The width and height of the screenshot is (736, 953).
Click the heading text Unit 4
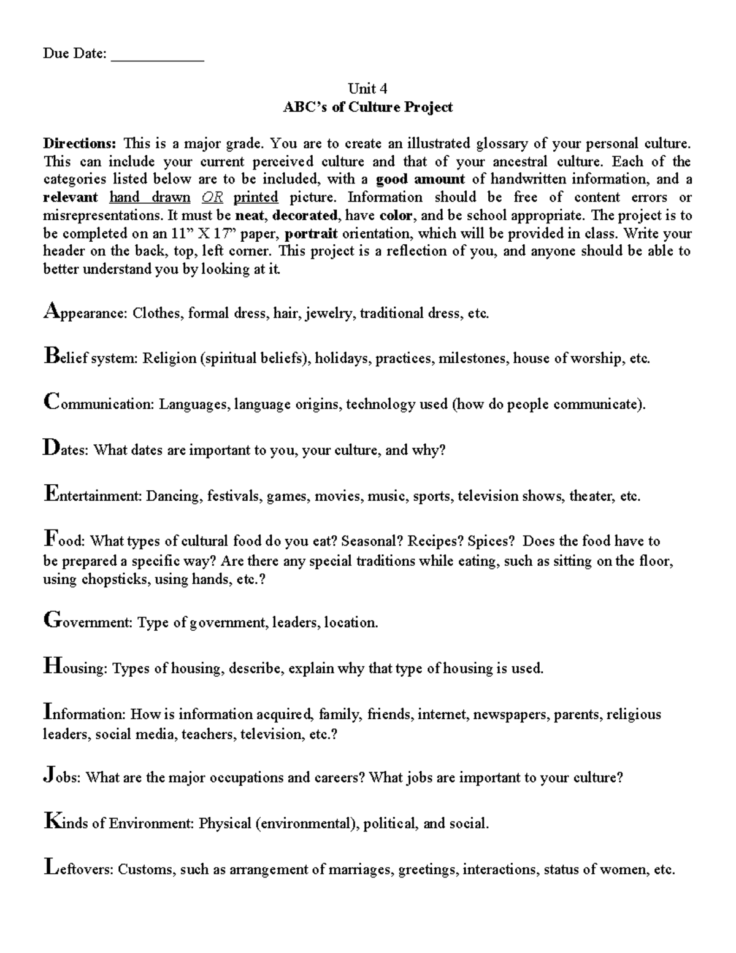point(367,88)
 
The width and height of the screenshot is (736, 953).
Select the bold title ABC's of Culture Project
point(367,107)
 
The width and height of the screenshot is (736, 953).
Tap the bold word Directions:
point(79,144)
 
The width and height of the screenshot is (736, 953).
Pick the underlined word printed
point(256,198)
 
